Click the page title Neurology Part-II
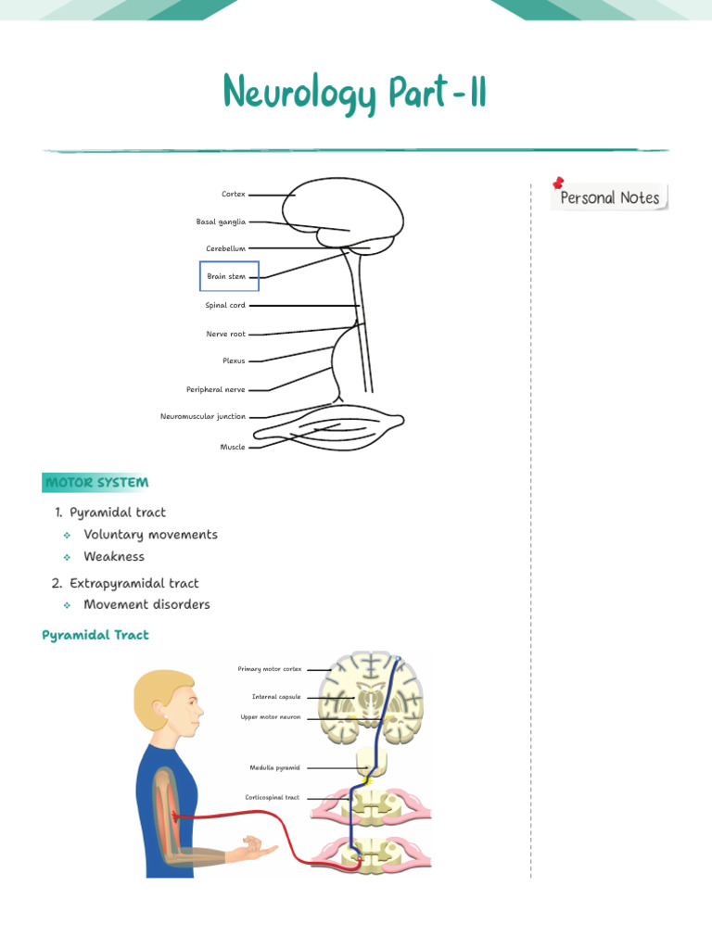pos(355,95)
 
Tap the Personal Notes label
pos(609,197)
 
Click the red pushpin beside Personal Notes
pos(558,183)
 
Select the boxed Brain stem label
pos(228,276)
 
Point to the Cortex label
pos(234,195)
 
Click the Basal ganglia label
pos(221,221)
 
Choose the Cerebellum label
pos(225,248)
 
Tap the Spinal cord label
pos(225,305)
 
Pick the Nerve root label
pos(225,334)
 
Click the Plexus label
pos(234,361)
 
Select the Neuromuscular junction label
pos(203,417)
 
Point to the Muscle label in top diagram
pos(233,447)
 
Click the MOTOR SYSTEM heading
pos(96,483)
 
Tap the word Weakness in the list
pos(114,557)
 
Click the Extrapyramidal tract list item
pos(133,583)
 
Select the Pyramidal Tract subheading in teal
pos(95,635)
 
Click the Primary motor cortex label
pos(270,668)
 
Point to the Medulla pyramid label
pos(274,767)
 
